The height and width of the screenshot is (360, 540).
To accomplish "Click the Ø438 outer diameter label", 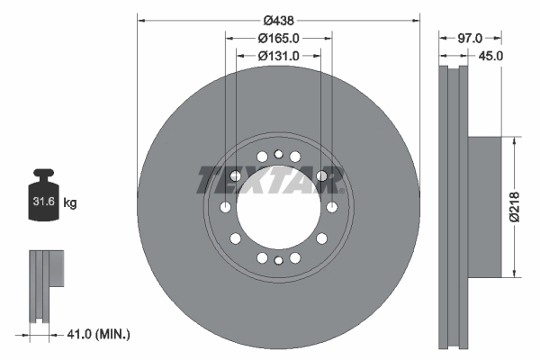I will [278, 16].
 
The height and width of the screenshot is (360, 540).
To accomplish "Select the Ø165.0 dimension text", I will [278, 38].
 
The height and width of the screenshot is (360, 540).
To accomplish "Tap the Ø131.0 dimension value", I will [278, 56].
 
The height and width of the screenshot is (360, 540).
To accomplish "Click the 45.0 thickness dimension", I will [490, 56].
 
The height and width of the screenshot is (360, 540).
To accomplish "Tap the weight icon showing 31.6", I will [43, 199].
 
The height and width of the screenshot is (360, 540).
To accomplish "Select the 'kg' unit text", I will [70, 203].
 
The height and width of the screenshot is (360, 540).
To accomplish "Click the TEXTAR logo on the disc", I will [271, 179].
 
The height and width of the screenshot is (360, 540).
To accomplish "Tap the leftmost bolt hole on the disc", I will [225, 208].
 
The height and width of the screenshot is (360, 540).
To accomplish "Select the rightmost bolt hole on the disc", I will [332, 208].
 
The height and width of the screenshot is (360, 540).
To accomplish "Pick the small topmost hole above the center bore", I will [279, 154].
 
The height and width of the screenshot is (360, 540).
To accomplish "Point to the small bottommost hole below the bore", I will [279, 261].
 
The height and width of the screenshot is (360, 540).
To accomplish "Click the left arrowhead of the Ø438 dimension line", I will [141, 16].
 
